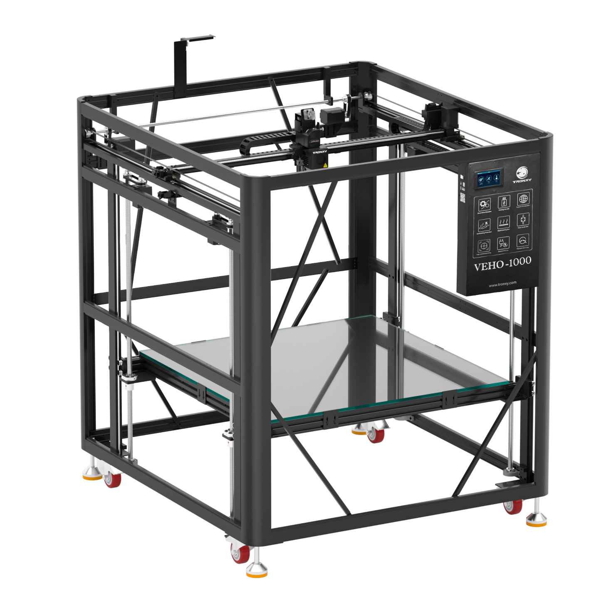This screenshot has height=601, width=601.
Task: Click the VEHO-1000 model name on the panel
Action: click(x=502, y=264)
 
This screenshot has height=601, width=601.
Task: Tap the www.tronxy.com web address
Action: click(x=502, y=284)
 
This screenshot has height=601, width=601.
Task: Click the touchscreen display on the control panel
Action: click(x=489, y=178)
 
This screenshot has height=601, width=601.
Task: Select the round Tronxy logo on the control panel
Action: click(x=522, y=172)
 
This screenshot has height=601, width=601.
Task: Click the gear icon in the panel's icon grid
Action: click(x=484, y=204)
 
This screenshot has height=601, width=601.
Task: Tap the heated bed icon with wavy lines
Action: click(x=503, y=221)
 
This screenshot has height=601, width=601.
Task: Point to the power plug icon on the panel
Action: click(x=503, y=243)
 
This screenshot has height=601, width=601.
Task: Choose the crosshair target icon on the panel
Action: click(x=483, y=246)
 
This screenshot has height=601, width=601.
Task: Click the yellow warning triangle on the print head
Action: click(x=325, y=165)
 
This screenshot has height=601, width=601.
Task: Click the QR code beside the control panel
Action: click(x=462, y=198)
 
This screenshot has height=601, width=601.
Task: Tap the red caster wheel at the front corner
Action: click(x=240, y=554)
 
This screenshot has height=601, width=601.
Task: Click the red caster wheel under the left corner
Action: click(x=112, y=479)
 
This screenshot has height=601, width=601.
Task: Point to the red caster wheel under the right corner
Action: click(x=512, y=506)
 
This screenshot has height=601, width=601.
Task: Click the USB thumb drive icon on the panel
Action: click(x=504, y=203)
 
